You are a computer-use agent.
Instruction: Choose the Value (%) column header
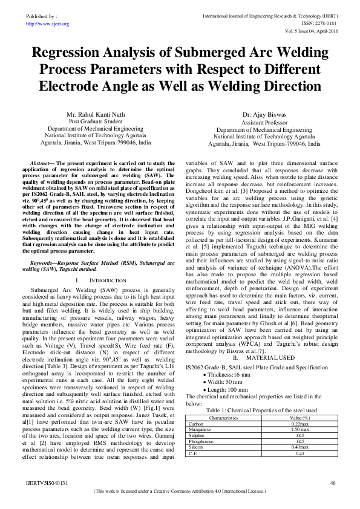pos(299,401)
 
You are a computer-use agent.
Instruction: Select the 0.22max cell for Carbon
pos(299,407)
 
